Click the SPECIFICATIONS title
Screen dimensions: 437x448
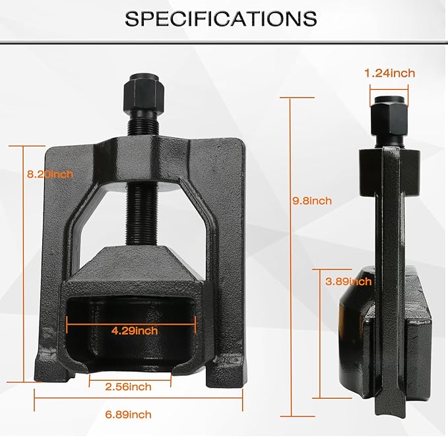click(220, 18)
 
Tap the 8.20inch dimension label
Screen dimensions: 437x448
click(49, 174)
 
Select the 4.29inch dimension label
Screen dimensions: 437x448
click(135, 330)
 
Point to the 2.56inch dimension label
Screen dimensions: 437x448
click(128, 386)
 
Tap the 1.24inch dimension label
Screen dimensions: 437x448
click(390, 73)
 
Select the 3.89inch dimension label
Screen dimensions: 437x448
click(348, 281)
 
